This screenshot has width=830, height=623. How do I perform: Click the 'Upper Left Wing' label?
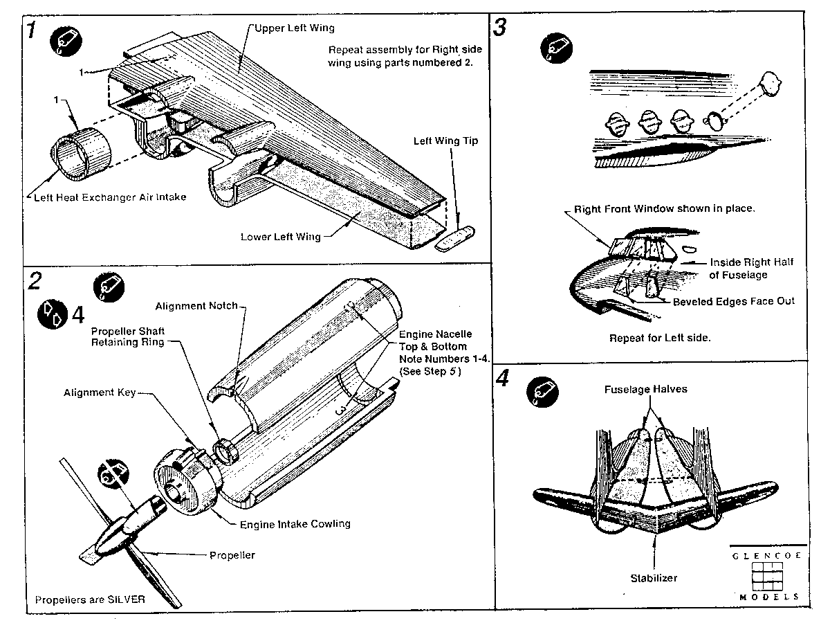point(295,28)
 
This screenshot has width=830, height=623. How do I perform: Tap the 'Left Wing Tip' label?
point(445,141)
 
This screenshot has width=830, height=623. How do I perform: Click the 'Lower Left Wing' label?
point(280,237)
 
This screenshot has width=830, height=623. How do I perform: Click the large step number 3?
point(500,28)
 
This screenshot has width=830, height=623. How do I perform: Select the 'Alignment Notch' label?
point(196,305)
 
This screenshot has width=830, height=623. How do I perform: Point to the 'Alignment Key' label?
point(100,392)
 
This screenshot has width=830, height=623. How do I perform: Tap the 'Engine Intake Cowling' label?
point(295,523)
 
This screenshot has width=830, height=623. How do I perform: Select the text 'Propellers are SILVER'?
point(90,599)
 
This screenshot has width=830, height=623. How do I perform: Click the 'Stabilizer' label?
point(654,577)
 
